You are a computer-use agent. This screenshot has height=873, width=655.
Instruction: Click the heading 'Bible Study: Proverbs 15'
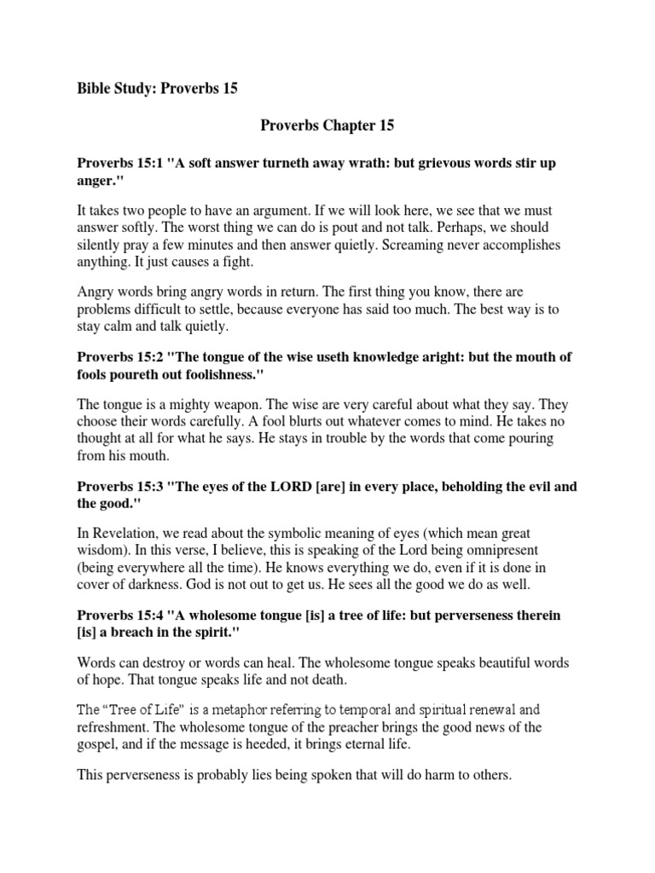158,88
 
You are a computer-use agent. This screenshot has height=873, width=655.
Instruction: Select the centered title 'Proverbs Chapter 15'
327,125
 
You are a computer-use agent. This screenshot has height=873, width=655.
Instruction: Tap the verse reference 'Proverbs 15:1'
119,162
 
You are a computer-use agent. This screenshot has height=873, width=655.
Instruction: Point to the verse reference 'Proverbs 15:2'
119,357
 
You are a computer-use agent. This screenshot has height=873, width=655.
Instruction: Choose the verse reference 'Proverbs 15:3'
119,487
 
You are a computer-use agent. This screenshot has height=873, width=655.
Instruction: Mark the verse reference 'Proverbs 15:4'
119,616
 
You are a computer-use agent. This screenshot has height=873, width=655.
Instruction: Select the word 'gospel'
97,743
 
